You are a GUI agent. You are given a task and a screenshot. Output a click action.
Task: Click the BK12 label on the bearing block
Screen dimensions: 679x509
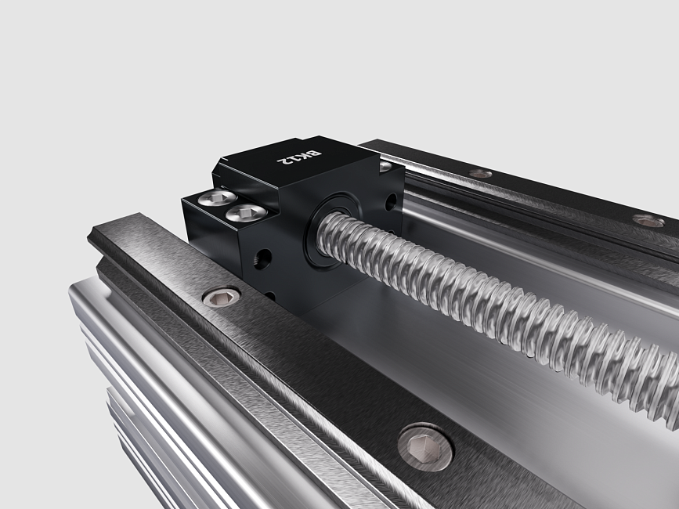pyautogui.click(x=299, y=157)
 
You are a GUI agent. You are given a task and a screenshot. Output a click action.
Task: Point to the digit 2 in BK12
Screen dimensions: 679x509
pyautogui.click(x=283, y=161)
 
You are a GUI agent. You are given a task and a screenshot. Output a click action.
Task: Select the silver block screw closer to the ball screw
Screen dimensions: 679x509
pyautogui.click(x=246, y=212)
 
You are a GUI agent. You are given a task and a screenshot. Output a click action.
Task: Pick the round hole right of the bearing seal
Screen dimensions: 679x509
pyautogui.click(x=391, y=202)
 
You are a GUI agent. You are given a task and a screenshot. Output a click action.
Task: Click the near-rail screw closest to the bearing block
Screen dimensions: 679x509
pyautogui.click(x=222, y=297)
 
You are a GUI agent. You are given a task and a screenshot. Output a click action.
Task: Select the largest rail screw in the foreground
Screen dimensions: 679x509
pyautogui.click(x=425, y=446)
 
